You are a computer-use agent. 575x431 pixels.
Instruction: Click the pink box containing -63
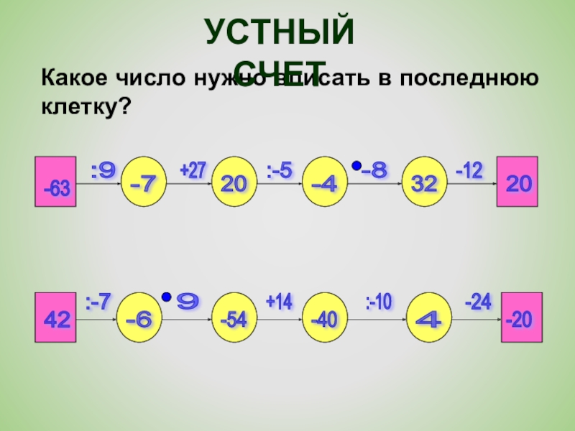55,180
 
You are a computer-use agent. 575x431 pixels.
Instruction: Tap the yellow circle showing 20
234,182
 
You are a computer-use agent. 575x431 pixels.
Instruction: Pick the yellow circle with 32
424,182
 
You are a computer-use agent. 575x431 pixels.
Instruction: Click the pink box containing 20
518,180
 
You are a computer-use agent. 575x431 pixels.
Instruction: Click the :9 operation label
103,171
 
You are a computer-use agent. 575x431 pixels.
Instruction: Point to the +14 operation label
279,302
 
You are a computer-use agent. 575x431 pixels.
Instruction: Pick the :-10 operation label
378,302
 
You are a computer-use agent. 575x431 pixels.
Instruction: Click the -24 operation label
477,302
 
